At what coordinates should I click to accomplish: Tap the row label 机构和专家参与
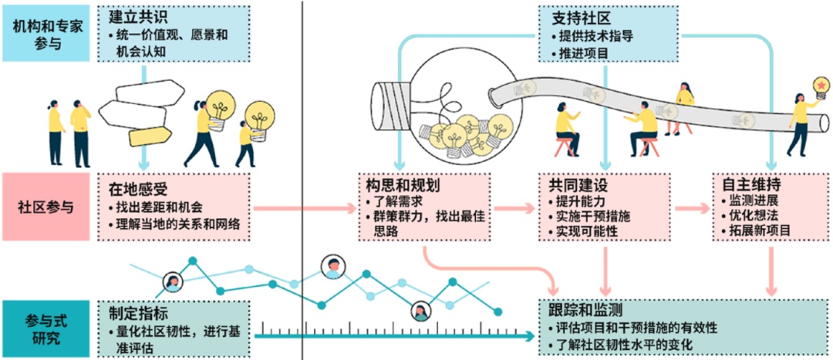tap(48, 33)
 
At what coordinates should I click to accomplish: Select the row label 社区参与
tap(48, 207)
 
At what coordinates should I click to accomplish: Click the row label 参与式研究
tap(48, 328)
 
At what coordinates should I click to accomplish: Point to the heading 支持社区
tap(578, 17)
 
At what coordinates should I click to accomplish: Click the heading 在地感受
tap(134, 187)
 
